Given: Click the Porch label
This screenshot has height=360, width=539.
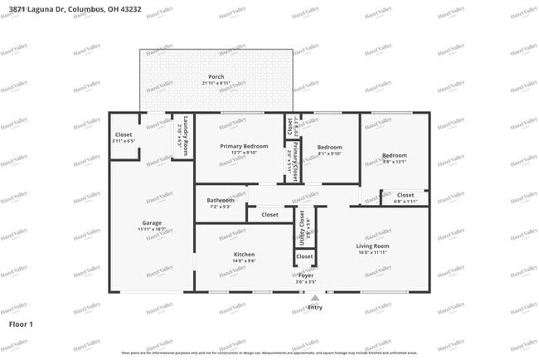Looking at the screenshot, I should tap(216, 77).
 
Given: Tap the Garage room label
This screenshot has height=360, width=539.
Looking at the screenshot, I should tap(151, 223).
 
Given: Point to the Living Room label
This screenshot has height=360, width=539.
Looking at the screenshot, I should tap(372, 246).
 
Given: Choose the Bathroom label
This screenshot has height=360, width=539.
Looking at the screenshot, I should tap(221, 200).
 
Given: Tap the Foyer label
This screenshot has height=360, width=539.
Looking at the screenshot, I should tap(306, 275).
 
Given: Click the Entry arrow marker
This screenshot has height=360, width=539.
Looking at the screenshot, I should tap(314, 296).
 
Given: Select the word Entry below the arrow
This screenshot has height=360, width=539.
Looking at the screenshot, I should tap(314, 307).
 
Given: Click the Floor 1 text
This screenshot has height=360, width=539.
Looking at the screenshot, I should tap(21, 323).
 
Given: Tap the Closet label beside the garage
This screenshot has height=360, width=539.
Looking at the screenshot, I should tap(124, 134).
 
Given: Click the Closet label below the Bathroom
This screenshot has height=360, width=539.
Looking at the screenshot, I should tap(269, 215).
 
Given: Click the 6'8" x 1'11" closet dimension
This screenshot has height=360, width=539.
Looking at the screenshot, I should tap(405, 202).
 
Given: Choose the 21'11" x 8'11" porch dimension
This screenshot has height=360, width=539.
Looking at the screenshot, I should tap(216, 84).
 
